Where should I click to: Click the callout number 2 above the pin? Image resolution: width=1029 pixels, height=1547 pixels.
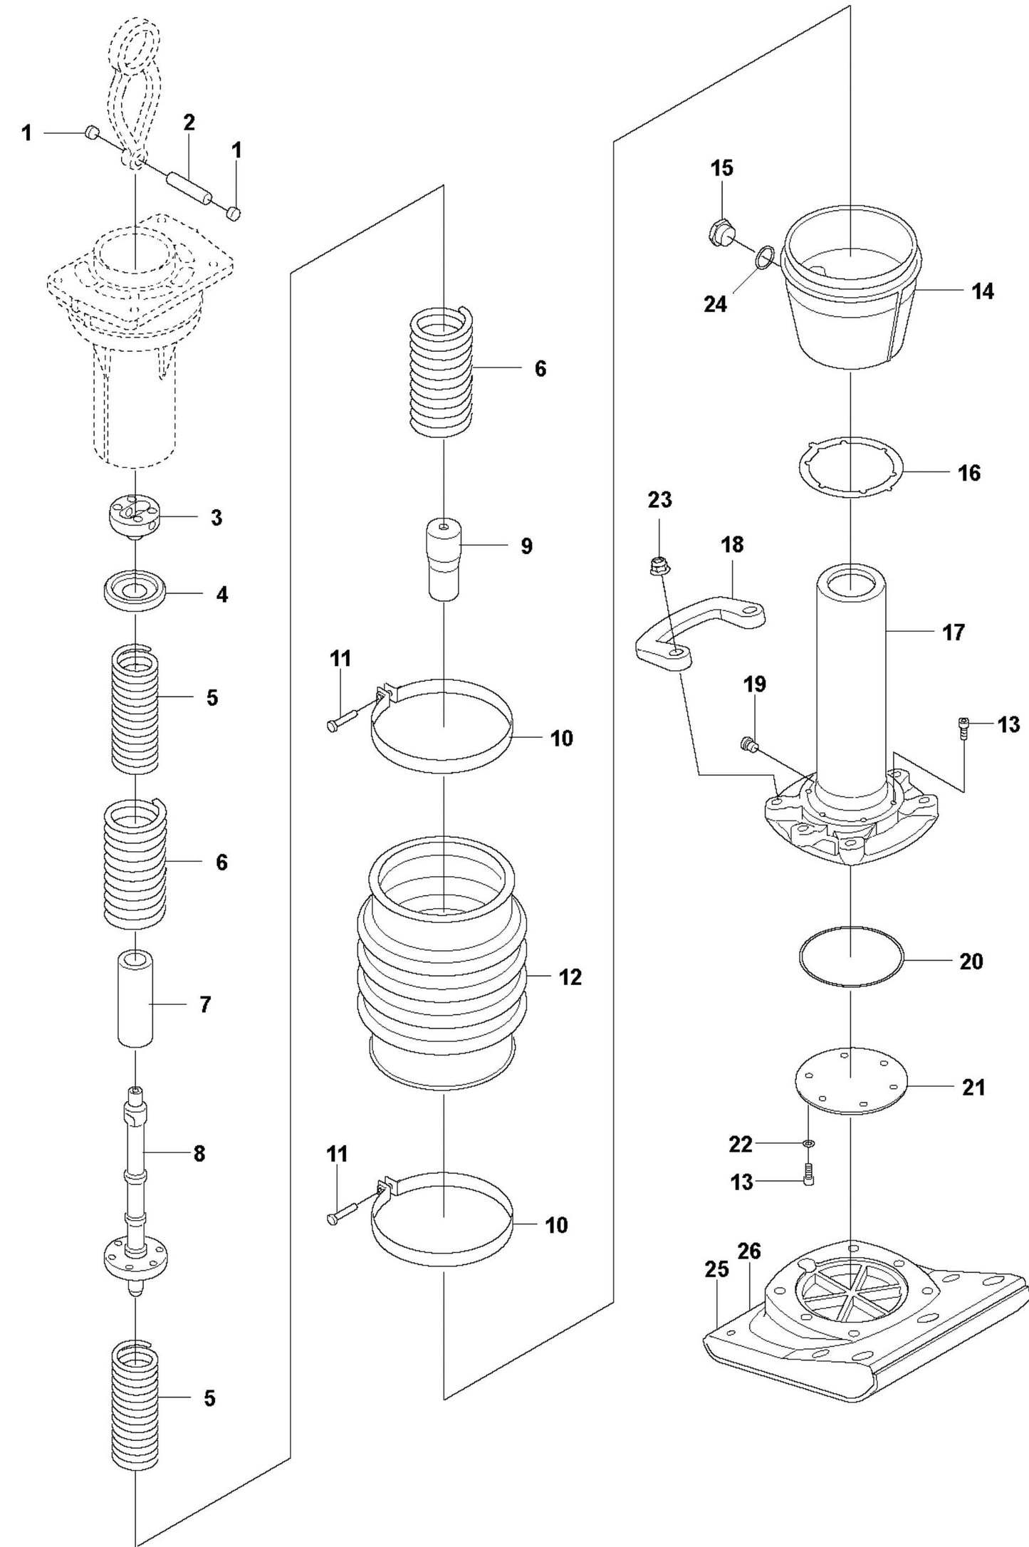point(189,123)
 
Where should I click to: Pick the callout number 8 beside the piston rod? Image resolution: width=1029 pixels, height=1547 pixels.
point(199,1152)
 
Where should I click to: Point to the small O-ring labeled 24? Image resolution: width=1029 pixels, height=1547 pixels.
point(765,257)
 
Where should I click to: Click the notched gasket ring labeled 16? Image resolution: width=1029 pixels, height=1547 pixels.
point(850,467)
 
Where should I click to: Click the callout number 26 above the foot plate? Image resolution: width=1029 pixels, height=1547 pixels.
point(749,1251)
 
